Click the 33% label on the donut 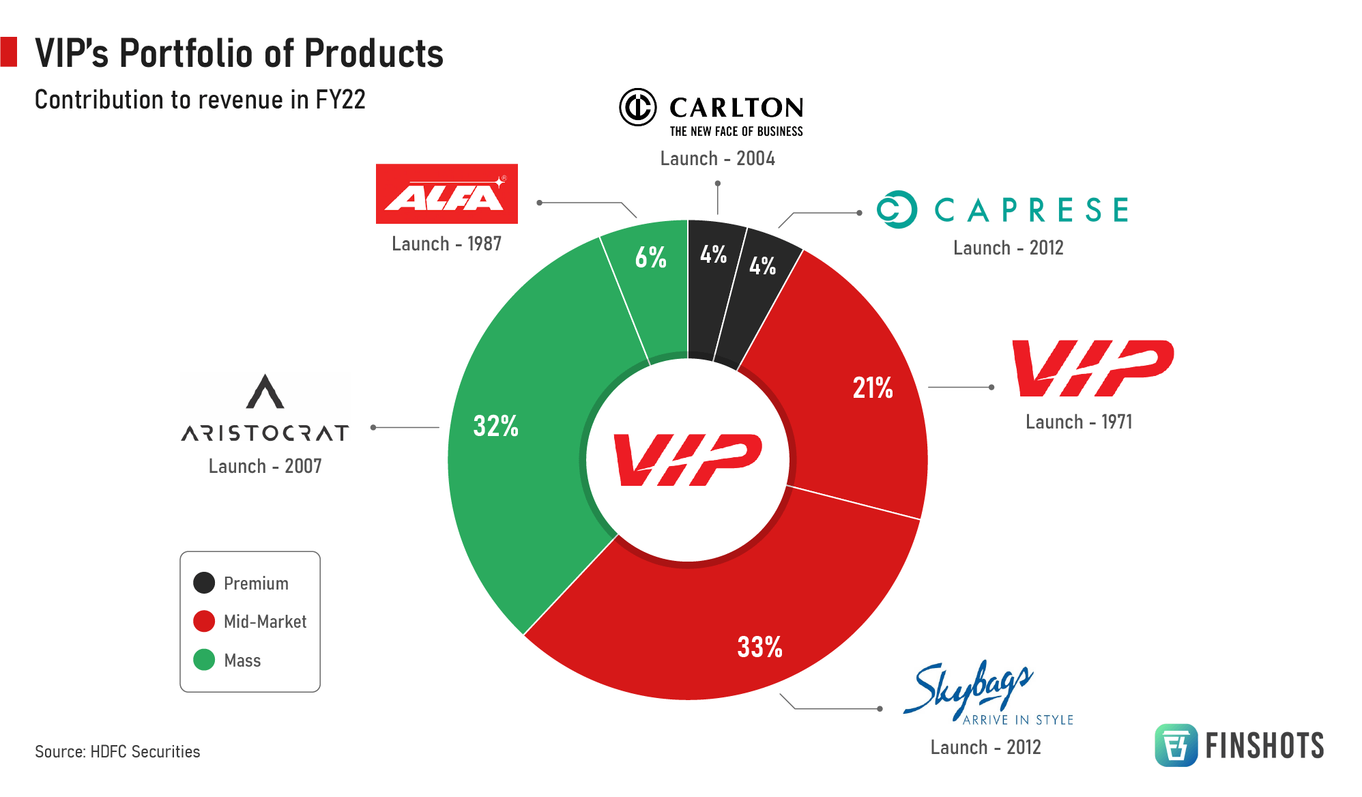coord(759,647)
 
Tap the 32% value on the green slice coord(495,426)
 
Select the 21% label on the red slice coord(872,388)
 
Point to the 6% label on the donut coord(650,257)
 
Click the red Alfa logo coord(446,194)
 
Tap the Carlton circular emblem coord(638,107)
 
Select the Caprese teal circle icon coord(897,209)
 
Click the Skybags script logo coord(969,688)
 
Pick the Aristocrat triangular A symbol coord(265,392)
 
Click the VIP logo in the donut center coord(687,459)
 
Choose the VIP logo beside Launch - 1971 coord(1092,368)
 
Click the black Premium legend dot coord(204,583)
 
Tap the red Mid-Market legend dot coord(204,621)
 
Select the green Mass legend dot coord(204,660)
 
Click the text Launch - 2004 coord(717,159)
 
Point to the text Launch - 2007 coord(265,466)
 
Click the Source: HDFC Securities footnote coord(117,751)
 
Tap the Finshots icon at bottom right coord(1176,745)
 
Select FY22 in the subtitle coord(340,100)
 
